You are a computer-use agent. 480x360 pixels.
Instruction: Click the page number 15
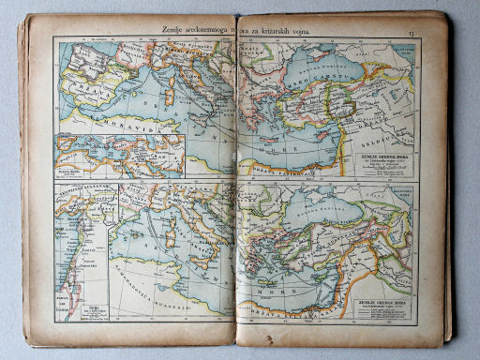pos(412,35)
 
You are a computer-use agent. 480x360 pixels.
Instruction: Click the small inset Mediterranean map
pos(120,156)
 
